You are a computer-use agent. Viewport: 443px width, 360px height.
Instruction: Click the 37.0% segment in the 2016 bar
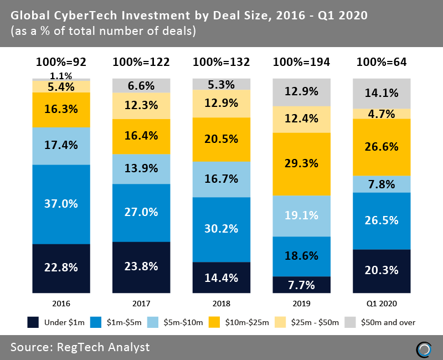(61, 204)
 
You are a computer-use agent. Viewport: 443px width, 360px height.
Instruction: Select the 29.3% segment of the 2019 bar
(301, 164)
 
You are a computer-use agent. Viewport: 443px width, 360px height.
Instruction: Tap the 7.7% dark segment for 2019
(301, 285)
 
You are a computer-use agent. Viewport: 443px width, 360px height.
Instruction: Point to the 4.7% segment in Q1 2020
(382, 114)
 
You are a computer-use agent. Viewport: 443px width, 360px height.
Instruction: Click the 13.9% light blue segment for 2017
(141, 169)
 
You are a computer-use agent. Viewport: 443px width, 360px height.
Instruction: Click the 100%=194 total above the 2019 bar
(301, 62)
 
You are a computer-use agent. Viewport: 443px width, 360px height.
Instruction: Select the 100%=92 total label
(61, 62)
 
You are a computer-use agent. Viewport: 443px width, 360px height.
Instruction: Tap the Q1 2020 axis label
(382, 304)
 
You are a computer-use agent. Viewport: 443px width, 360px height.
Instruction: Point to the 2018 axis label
(221, 304)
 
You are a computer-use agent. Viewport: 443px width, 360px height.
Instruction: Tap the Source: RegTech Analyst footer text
(80, 347)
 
